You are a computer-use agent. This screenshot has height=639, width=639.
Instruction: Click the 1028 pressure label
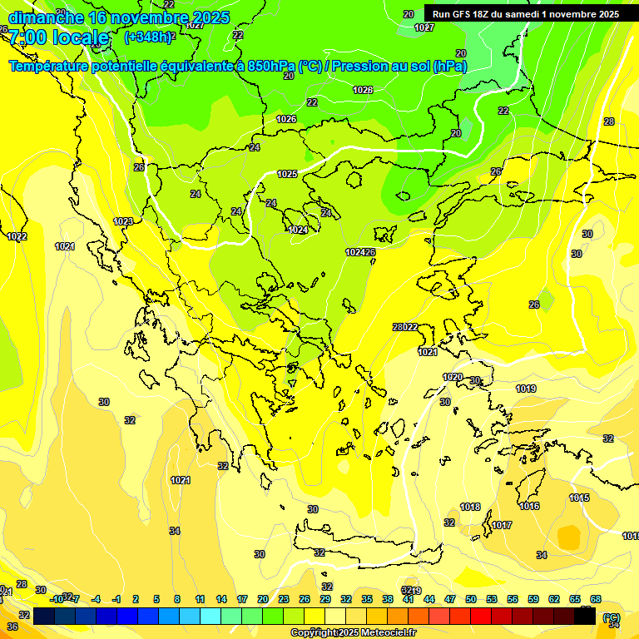tap(362, 90)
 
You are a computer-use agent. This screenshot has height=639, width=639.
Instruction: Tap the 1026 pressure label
tap(286, 119)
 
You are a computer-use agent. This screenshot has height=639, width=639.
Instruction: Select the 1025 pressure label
tap(287, 174)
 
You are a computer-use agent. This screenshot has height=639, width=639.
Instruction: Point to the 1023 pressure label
tap(124, 221)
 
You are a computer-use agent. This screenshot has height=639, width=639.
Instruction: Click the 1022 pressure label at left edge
tap(17, 236)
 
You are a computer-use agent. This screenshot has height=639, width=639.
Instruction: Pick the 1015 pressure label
tap(579, 498)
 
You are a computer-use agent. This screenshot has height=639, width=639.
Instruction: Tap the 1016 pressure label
tap(529, 506)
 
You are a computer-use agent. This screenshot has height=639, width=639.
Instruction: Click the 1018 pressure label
tap(470, 507)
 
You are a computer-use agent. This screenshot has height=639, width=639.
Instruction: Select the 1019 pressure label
tap(525, 389)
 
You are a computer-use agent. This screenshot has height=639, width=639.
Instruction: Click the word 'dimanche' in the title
tap(45, 17)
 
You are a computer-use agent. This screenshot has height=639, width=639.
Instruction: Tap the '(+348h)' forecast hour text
tap(148, 37)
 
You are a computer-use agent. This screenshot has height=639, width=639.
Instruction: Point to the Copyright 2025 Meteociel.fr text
tap(353, 633)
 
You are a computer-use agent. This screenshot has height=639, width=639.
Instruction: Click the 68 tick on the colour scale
tap(596, 599)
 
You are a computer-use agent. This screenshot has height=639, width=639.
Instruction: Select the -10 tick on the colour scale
tap(57, 599)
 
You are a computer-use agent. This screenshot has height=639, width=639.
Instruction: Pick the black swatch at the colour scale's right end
tap(585, 616)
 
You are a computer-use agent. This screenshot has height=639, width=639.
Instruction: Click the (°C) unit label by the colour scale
tap(611, 617)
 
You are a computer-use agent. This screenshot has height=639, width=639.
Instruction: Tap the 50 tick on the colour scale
tap(471, 599)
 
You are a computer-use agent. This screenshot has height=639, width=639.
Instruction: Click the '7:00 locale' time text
tap(58, 37)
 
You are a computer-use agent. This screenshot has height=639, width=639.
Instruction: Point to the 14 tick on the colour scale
tap(221, 599)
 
